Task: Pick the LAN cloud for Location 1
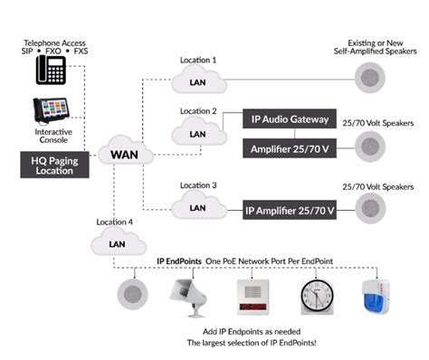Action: pos(196,81)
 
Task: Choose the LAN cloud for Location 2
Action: pos(196,132)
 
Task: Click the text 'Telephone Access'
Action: pos(54,43)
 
